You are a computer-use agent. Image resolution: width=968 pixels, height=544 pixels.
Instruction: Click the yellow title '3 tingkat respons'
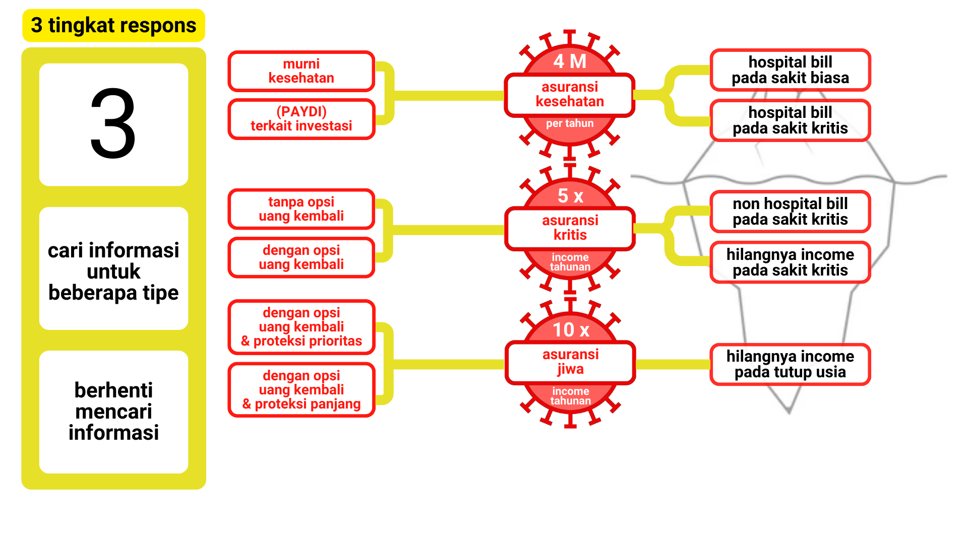coord(113,25)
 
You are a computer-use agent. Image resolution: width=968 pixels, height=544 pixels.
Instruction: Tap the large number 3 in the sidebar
coord(113,124)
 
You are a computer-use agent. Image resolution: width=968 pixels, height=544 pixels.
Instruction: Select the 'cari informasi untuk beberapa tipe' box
coord(113,271)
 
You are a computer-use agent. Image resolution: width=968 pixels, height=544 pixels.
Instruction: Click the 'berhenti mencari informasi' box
coord(113,411)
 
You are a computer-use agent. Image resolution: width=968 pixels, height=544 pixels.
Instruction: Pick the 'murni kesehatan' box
coord(301,71)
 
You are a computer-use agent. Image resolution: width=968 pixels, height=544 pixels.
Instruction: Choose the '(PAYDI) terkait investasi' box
coord(301,119)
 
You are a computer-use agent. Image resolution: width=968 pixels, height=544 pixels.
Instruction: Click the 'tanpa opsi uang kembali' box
coord(301,209)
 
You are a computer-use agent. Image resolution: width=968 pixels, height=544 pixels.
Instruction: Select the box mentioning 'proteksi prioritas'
coord(301,327)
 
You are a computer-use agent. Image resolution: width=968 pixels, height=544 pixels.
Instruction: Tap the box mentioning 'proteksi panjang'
coord(301,389)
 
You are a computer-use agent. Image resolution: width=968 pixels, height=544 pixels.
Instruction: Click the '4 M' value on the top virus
coord(570,61)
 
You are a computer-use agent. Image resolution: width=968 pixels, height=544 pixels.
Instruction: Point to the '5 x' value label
coord(570,195)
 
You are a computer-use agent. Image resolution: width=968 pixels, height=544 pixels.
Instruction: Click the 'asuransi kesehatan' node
coord(570,95)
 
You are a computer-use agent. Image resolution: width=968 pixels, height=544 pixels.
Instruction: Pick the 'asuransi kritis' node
coord(570,228)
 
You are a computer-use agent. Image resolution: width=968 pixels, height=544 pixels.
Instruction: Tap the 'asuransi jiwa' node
coord(570,362)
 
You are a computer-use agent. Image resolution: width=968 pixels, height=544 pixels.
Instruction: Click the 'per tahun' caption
coord(570,123)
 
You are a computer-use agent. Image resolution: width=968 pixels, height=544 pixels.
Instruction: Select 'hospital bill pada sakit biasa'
coord(790,70)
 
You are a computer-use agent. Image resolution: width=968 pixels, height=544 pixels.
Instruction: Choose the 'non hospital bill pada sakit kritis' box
coord(790,212)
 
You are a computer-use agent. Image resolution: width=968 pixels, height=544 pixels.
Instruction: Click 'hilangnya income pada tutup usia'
coord(790,364)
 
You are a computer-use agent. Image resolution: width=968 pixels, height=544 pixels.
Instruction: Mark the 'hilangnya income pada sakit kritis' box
coord(790,262)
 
